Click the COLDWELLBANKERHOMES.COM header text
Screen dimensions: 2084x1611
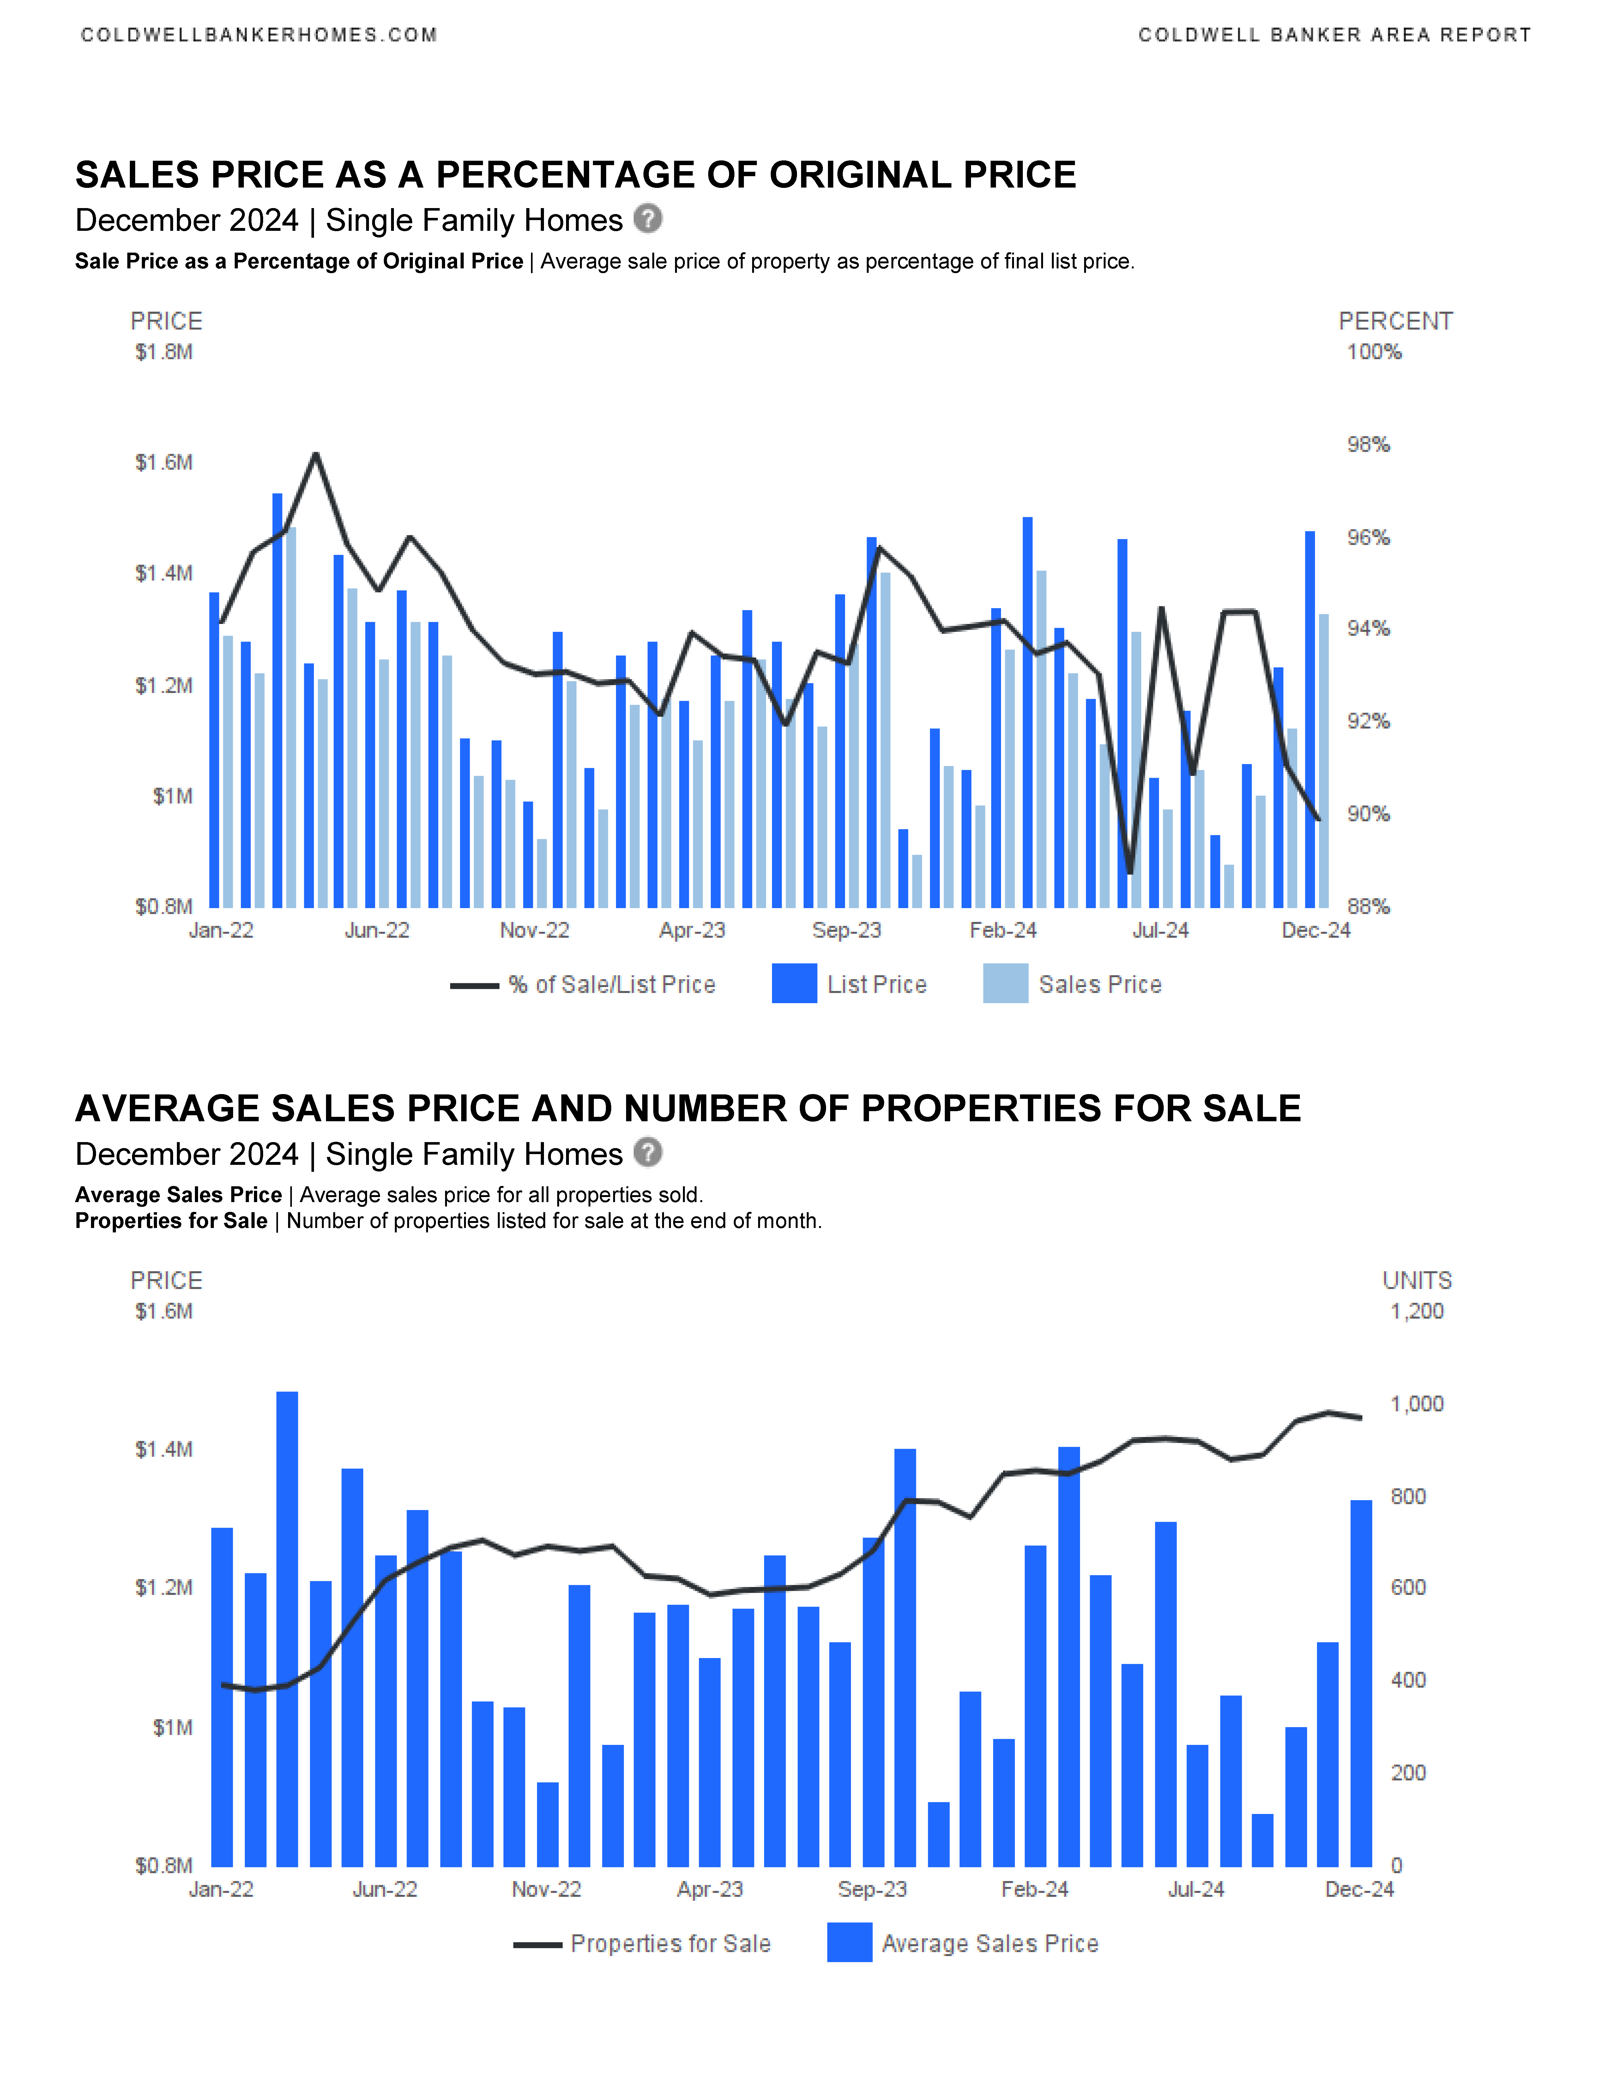pos(259,35)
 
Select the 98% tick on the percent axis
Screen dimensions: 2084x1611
pos(1368,445)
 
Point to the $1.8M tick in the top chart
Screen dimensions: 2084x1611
pos(164,352)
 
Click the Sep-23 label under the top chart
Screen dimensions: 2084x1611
pos(847,930)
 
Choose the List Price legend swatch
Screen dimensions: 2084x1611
pos(794,984)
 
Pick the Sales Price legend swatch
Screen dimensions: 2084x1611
pos(1005,984)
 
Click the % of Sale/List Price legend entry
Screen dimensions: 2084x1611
pos(611,985)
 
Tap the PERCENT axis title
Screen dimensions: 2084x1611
pos(1395,321)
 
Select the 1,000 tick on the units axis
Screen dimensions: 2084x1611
pos(1416,1404)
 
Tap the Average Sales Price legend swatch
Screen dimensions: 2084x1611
pos(849,1943)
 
